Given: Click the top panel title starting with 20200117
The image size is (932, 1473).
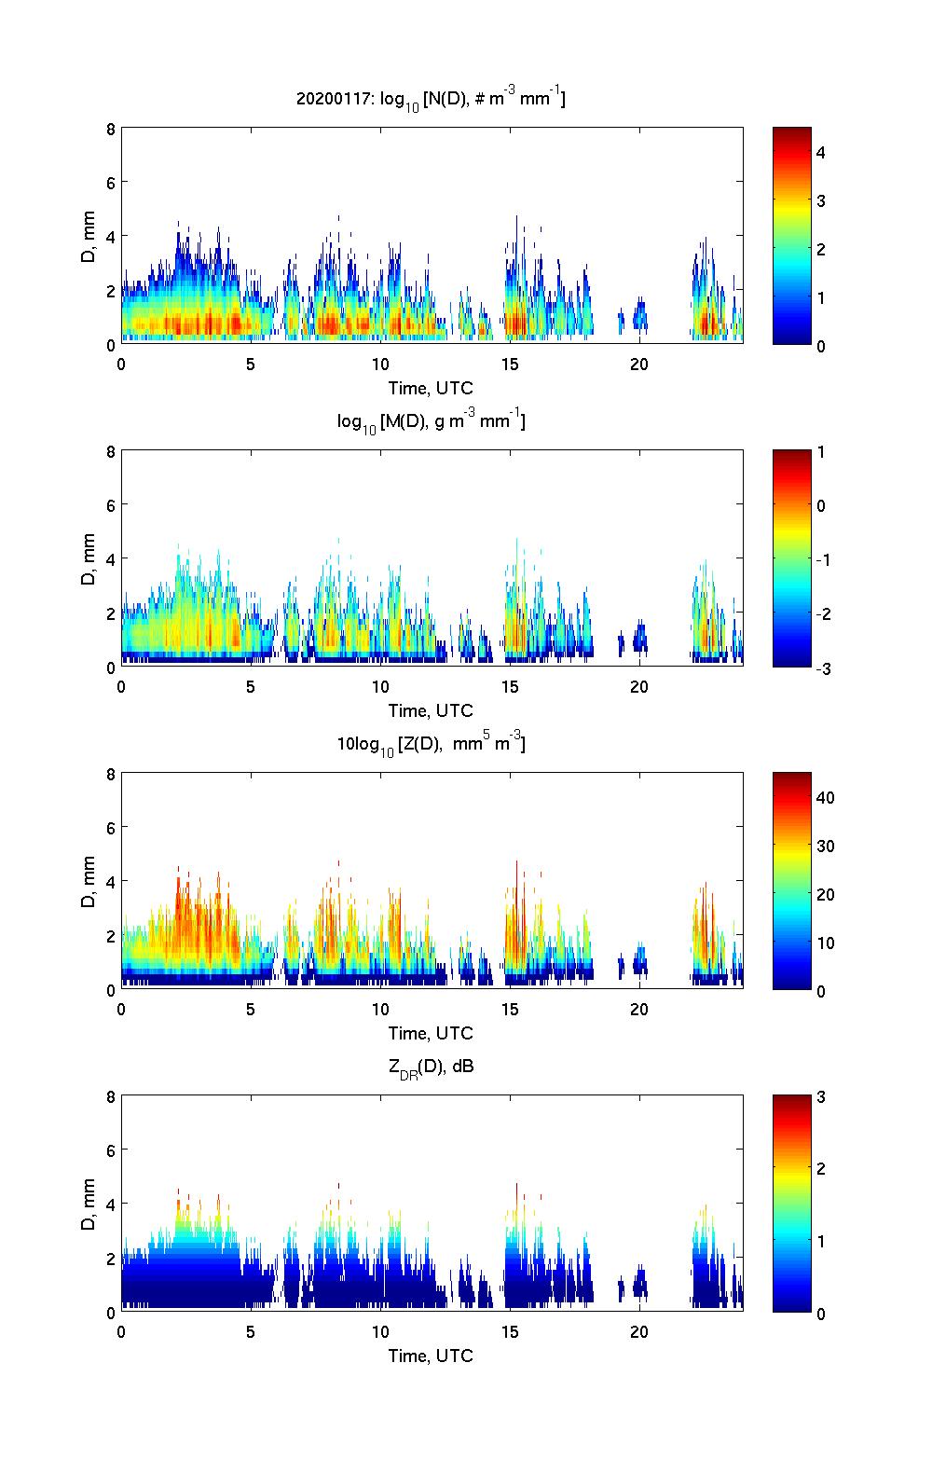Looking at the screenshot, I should (x=431, y=98).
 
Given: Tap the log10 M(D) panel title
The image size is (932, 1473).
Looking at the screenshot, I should (x=431, y=421).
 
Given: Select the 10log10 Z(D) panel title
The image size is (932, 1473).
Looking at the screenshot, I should (x=431, y=744).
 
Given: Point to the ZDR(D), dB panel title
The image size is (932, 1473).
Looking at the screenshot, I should (x=431, y=1067).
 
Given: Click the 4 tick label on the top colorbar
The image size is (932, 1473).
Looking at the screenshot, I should (x=821, y=152).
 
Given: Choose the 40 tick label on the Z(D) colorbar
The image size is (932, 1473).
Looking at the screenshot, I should (x=825, y=797).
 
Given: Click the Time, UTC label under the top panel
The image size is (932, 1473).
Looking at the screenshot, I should (x=431, y=388).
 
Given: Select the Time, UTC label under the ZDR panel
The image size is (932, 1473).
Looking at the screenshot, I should (x=431, y=1356).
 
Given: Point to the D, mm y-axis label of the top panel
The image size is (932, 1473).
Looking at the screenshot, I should (x=89, y=237).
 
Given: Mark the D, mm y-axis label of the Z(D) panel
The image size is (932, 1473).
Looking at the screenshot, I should (x=89, y=882).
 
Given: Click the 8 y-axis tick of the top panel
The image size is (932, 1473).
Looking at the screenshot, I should (x=111, y=130).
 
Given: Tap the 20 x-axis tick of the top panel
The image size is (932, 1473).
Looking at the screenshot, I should (x=639, y=364).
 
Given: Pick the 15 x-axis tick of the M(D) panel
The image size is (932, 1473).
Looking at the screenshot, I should (x=510, y=686).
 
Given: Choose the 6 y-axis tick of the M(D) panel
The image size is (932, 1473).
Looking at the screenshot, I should (x=111, y=505).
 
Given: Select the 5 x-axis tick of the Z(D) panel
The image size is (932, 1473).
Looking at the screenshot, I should (x=251, y=1009).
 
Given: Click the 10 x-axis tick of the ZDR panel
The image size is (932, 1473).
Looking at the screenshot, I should (x=380, y=1331).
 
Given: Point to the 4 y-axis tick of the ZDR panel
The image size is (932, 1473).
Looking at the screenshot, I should (x=111, y=1205).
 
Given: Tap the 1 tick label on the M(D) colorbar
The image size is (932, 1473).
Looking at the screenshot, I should (x=821, y=452).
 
